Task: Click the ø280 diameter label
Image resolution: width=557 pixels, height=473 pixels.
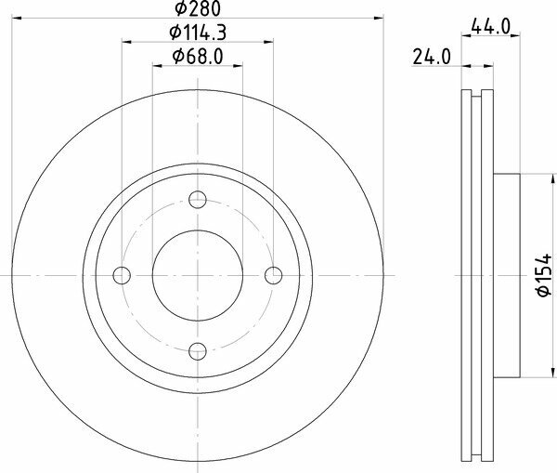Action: click(x=198, y=8)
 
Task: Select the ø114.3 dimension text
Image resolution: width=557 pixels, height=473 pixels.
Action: click(x=198, y=33)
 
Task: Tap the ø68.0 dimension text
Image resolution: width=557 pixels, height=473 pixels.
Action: click(x=198, y=57)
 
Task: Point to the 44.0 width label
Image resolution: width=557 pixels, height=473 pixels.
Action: click(x=490, y=26)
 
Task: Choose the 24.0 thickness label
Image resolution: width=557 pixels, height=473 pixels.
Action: click(x=432, y=57)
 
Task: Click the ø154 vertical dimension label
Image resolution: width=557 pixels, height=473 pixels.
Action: click(x=543, y=275)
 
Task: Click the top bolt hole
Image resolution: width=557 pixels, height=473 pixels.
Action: click(x=198, y=200)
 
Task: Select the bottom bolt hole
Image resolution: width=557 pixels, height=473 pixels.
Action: click(x=198, y=351)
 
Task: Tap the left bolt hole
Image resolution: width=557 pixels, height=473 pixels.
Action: click(x=122, y=275)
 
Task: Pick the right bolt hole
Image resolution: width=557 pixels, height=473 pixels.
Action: click(x=274, y=275)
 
